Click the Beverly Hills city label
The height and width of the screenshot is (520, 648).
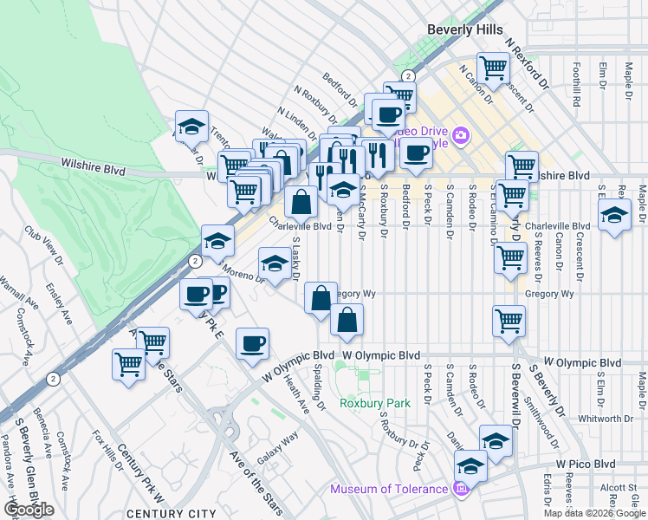tap(465, 29)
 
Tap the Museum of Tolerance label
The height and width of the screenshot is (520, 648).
tap(388, 490)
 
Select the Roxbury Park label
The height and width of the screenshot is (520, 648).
tap(374, 403)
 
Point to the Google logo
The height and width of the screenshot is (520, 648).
tap(29, 510)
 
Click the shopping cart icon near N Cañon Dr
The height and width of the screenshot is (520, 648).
tap(493, 67)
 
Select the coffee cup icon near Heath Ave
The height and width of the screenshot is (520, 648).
tap(252, 343)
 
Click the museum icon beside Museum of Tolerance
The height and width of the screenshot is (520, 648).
tap(460, 490)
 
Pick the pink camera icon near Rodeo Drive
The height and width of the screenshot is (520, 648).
tap(460, 134)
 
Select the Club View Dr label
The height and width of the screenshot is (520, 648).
tap(43, 245)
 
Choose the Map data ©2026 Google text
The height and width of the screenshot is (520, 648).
tap(594, 513)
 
